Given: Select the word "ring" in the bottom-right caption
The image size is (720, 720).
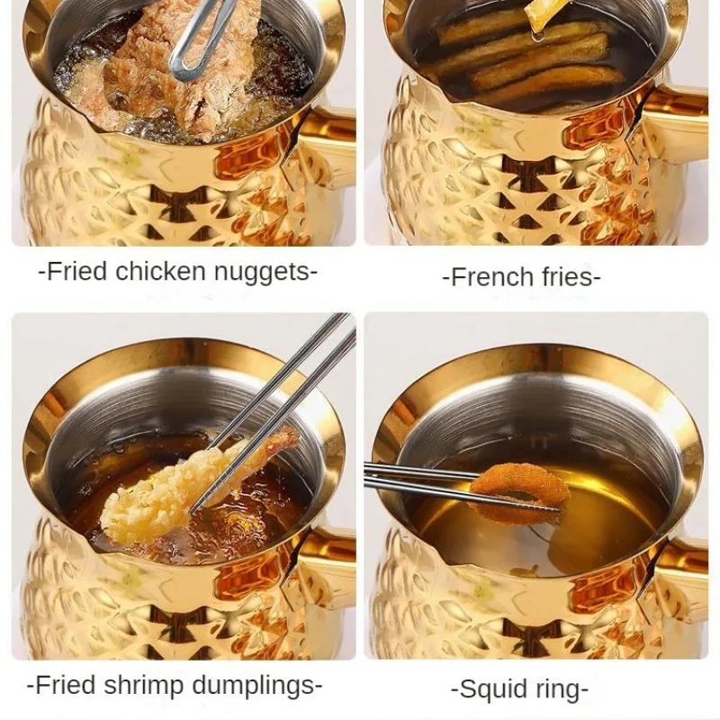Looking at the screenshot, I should pos(563,690).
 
